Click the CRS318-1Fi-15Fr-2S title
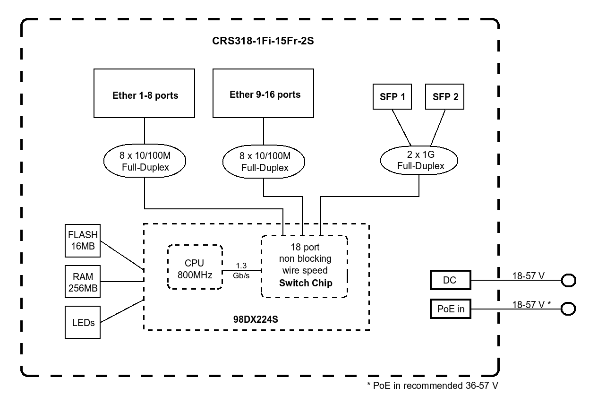(x=263, y=41)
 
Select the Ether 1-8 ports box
(x=145, y=95)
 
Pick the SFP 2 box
(x=445, y=97)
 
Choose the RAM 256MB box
(x=83, y=282)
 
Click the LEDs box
(x=83, y=322)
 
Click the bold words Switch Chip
(x=305, y=283)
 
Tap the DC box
(x=451, y=280)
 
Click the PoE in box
(x=451, y=309)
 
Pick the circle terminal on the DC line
(x=568, y=281)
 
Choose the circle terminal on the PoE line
(x=568, y=309)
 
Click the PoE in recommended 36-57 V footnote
(x=432, y=385)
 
